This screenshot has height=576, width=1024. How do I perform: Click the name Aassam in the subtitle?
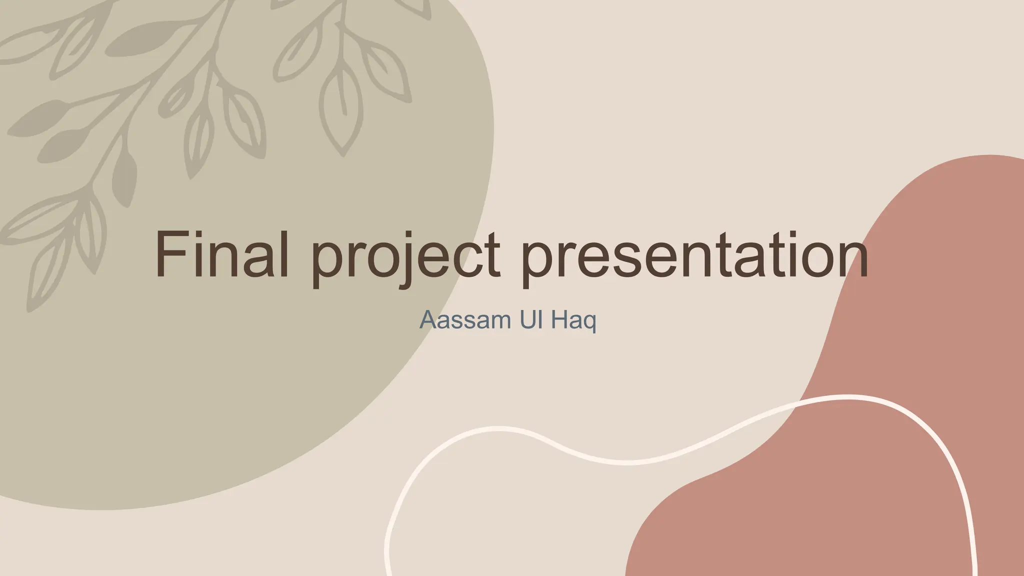(x=459, y=320)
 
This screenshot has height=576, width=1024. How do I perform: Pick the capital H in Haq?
(x=558, y=320)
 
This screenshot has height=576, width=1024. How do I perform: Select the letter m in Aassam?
(x=488, y=322)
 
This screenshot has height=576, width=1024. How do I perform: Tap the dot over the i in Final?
(x=197, y=235)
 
